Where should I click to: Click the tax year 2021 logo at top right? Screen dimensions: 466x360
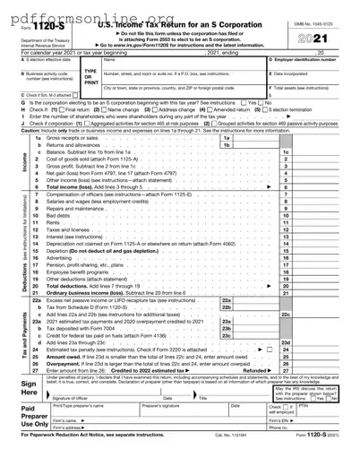point(327,41)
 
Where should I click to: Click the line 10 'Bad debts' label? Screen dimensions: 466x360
point(59,216)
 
